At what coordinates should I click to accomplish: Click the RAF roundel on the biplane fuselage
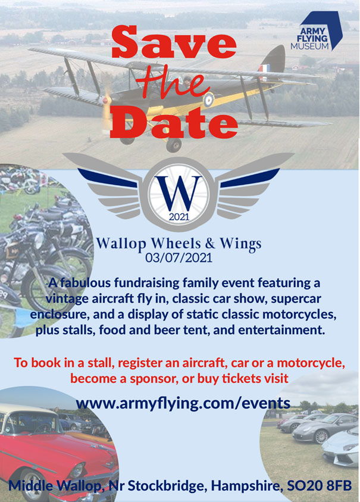[x=209, y=101]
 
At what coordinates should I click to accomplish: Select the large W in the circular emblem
[x=179, y=191]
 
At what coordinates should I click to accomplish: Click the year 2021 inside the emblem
[x=179, y=217]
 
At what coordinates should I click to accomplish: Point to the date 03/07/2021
[x=179, y=258]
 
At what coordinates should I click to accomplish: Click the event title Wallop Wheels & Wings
[x=179, y=244]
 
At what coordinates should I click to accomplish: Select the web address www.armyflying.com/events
[x=183, y=403]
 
